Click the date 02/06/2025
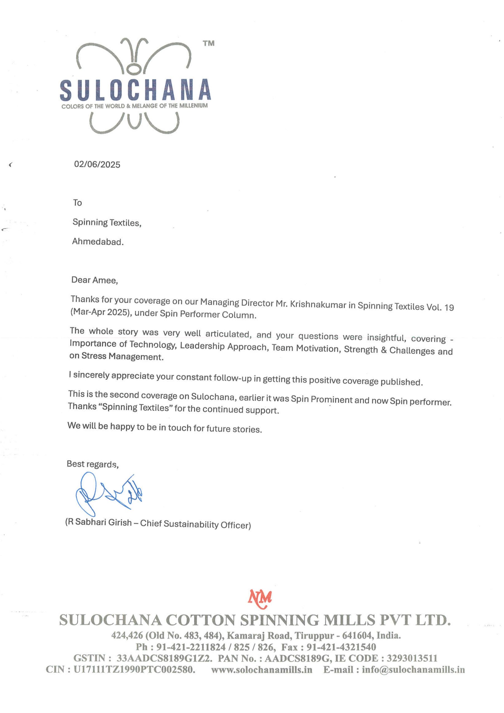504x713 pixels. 97,164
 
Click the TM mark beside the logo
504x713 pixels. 209,43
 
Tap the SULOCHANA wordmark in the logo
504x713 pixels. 135,90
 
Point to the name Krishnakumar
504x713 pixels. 318,304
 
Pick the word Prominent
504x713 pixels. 331,400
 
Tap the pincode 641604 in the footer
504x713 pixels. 356,635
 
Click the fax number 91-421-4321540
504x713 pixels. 341,647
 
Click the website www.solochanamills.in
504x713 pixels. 262,670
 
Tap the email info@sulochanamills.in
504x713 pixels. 413,670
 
